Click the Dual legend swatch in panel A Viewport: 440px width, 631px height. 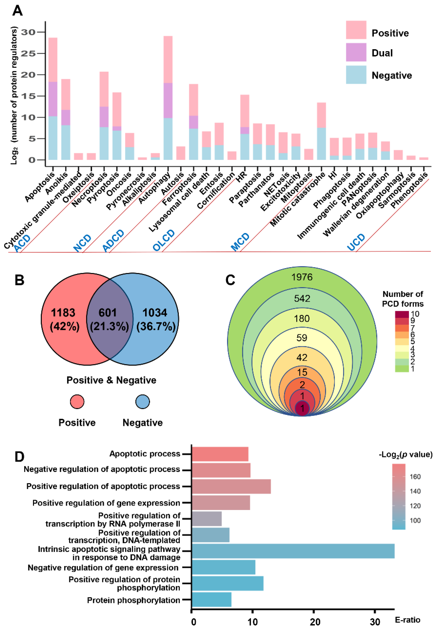pyautogui.click(x=356, y=52)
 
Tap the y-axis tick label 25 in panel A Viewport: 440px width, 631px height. pyautogui.click(x=28, y=53)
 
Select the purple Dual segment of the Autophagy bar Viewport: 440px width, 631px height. pyautogui.click(x=168, y=100)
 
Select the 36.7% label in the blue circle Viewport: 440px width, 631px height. pyautogui.click(x=156, y=327)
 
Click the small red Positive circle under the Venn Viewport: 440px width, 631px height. pyautogui.click(x=77, y=402)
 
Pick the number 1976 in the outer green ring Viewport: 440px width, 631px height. pyautogui.click(x=302, y=277)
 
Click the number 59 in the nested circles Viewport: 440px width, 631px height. pyautogui.click(x=302, y=338)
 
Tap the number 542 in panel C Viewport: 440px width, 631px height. pyautogui.click(x=302, y=298)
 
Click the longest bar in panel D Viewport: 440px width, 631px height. pyautogui.click(x=293, y=551)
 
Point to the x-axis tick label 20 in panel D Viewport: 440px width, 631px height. pyautogui.click(x=315, y=622)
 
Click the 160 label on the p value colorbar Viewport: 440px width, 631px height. pyautogui.click(x=415, y=476)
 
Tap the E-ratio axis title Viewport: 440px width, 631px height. pyautogui.click(x=407, y=620)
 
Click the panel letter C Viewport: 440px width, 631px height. pyautogui.click(x=230, y=280)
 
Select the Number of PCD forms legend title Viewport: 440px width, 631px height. pyautogui.click(x=403, y=299)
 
